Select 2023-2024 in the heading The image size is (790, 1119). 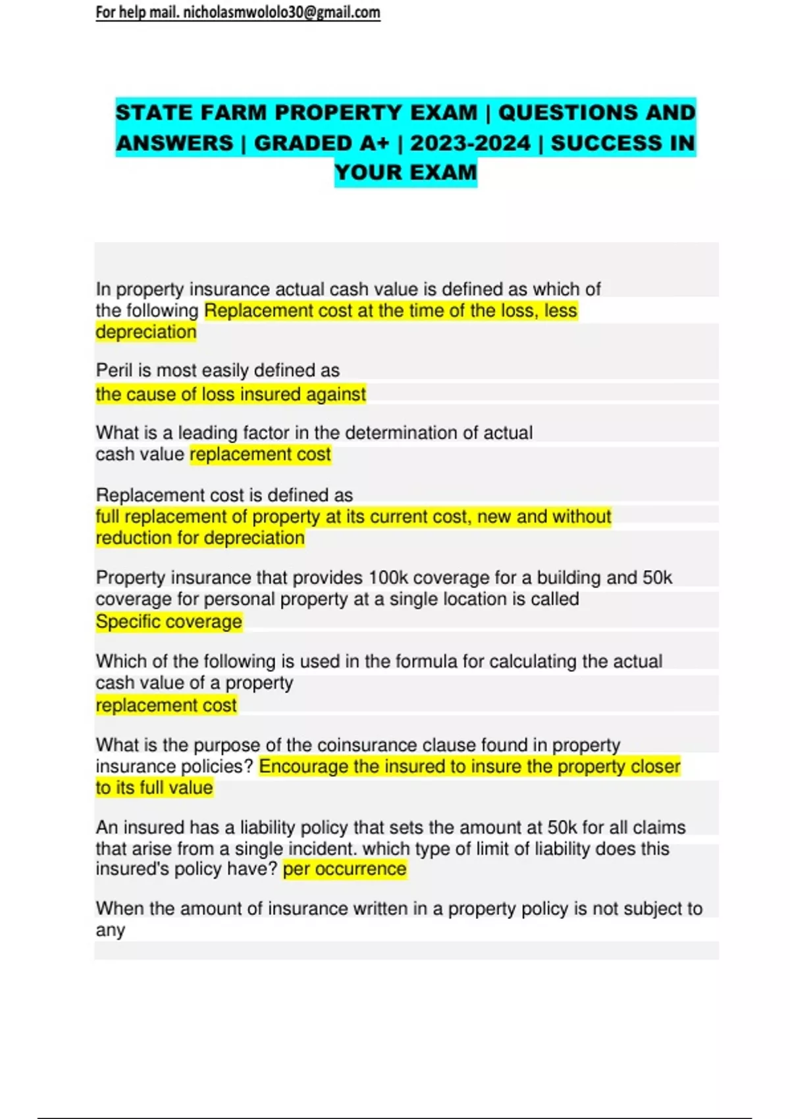click(470, 143)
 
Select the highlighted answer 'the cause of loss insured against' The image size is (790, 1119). click(230, 394)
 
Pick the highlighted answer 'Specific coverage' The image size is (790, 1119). click(169, 621)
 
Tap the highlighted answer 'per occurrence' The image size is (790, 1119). click(344, 869)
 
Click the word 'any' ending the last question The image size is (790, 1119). click(110, 931)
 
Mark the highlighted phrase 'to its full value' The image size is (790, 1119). click(154, 788)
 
